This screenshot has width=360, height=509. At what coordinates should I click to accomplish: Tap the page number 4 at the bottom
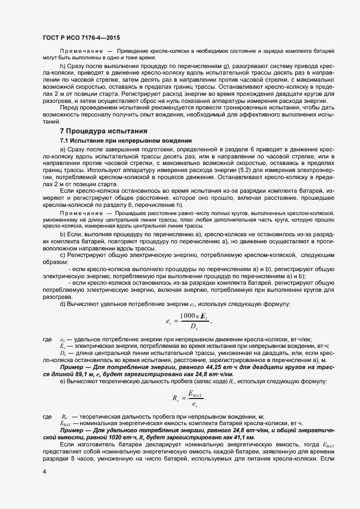click(44, 472)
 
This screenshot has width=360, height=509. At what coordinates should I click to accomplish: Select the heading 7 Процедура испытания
click(103, 131)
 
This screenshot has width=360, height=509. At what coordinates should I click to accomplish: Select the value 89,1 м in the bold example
click(90, 375)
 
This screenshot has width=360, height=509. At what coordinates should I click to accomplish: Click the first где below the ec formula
click(47, 339)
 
